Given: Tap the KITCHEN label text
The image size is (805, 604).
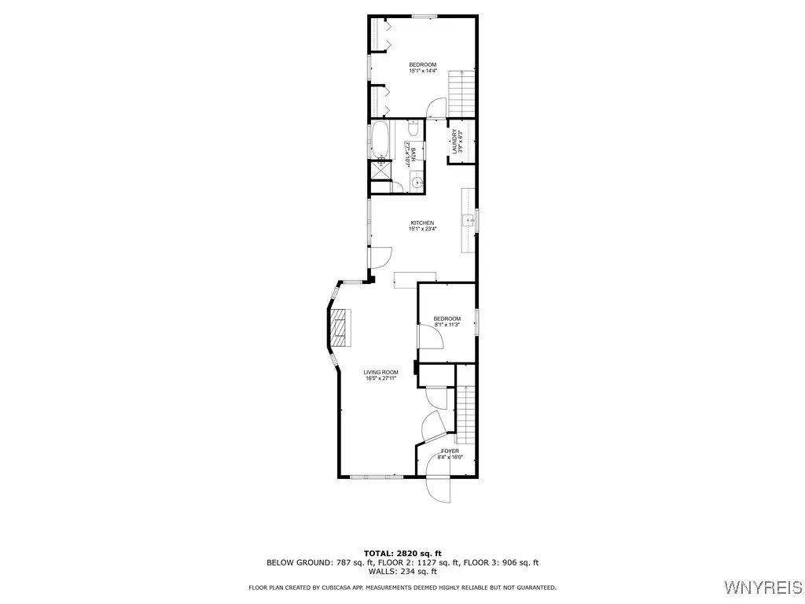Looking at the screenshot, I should [421, 223].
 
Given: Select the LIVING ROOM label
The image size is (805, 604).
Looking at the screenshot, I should [380, 372].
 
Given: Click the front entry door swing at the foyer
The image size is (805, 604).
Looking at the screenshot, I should [437, 481].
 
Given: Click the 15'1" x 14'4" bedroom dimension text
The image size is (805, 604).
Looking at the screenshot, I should [422, 72].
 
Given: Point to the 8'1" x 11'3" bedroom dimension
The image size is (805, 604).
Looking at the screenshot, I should [447, 325].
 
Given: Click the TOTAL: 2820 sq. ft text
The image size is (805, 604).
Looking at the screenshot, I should [402, 553].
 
